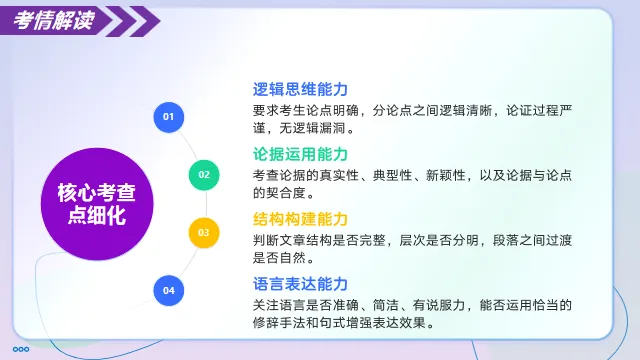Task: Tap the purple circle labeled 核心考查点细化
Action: point(97,204)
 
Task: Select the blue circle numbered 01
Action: point(168,117)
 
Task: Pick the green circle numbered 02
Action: point(204,175)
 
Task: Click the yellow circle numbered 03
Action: point(203,233)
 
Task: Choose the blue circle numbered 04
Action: point(168,290)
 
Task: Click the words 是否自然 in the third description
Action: point(285,259)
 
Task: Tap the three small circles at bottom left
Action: point(20,349)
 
